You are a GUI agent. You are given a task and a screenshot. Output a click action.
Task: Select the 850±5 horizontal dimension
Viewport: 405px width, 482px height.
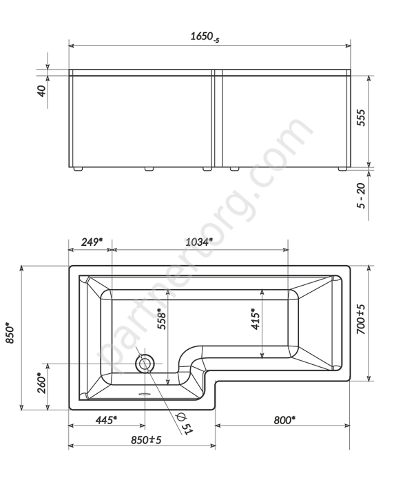click(x=145, y=439)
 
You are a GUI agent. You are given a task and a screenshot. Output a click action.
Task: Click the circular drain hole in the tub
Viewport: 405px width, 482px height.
click(x=145, y=363)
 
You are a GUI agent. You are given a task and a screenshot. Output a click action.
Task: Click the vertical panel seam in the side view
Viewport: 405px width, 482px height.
click(x=215, y=118)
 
